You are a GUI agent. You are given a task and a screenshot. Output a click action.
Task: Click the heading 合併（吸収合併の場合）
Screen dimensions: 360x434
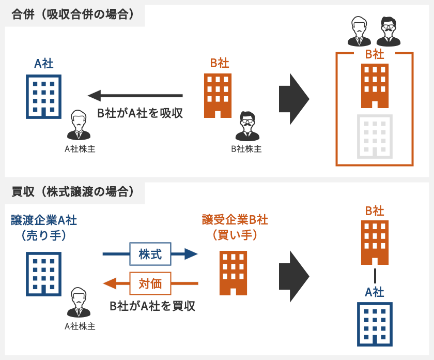[x=73, y=14]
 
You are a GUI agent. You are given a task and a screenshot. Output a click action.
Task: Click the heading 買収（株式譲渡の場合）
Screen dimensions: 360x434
[x=73, y=192]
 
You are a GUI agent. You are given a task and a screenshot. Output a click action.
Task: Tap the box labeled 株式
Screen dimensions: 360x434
[x=150, y=254]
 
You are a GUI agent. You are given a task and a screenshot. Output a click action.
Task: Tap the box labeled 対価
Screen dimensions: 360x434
[x=150, y=283]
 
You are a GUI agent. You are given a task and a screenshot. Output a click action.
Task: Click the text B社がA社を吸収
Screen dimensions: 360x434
[x=141, y=113]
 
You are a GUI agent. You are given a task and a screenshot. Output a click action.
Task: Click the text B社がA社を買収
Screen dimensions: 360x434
[x=153, y=306]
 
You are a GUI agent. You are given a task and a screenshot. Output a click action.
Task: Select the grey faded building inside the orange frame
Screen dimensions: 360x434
[x=375, y=136]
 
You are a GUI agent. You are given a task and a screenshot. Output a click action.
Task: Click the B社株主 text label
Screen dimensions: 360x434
[x=246, y=149]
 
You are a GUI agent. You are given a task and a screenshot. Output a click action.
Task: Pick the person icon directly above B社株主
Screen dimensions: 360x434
[x=247, y=126]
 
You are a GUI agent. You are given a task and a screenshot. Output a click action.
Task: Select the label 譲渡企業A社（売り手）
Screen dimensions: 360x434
[x=44, y=227]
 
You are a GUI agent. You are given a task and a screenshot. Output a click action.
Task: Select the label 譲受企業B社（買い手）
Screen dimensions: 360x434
[x=235, y=227]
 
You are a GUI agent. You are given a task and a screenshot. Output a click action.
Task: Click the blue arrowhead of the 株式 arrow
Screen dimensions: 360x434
[x=191, y=254]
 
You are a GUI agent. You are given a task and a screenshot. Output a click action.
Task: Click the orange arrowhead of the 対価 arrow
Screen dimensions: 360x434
[x=110, y=283]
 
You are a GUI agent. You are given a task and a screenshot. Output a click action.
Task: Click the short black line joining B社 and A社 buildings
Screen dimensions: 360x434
[x=375, y=275]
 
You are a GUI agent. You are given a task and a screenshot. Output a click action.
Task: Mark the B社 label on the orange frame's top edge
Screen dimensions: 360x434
[x=375, y=54]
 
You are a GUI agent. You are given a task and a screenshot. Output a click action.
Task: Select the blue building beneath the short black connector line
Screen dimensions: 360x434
[x=375, y=324]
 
